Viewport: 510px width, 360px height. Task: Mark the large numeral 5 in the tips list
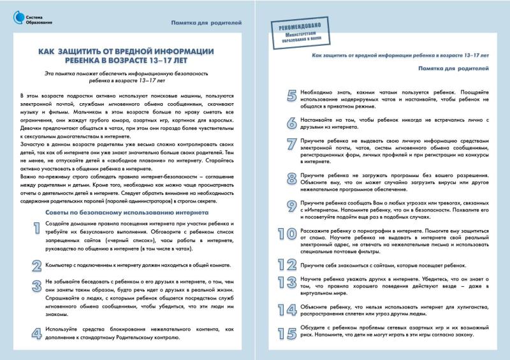291,96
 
